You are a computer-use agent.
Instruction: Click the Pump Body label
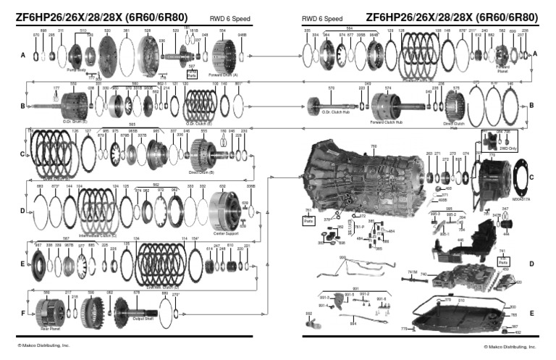coord(75,71)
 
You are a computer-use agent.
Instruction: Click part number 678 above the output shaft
coord(135,293)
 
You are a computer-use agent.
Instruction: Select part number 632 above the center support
coord(222,186)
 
